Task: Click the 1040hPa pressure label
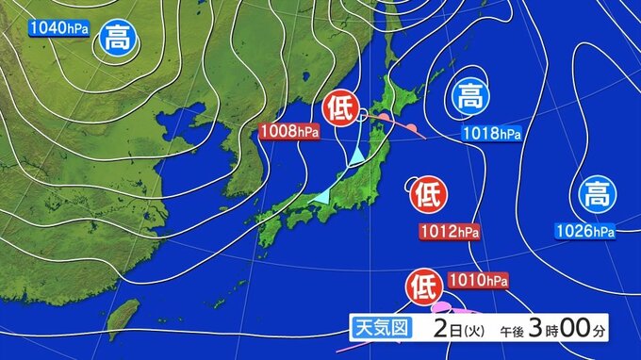tap(58, 28)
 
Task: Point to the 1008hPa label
tap(290, 133)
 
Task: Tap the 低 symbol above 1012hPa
tap(425, 195)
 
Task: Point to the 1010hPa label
tap(478, 281)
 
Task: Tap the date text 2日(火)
tap(461, 329)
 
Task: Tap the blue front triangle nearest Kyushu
tap(322, 195)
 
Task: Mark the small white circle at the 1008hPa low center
tap(363, 116)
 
